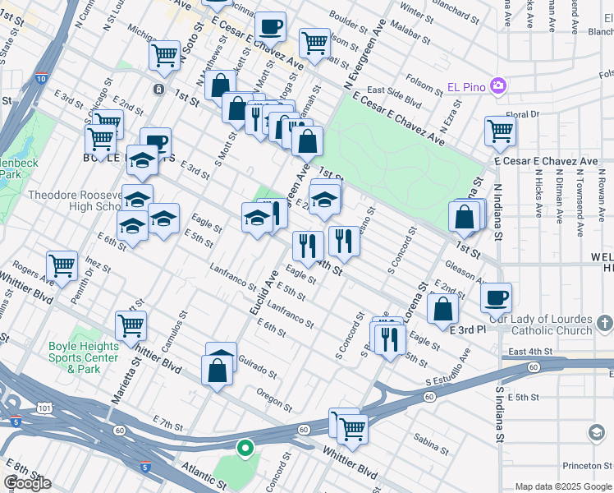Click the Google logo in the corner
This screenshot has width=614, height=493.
[27, 483]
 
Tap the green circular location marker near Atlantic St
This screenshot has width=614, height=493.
[244, 448]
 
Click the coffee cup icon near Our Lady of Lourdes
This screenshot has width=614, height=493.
[496, 297]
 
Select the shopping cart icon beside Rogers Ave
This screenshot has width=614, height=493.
[62, 265]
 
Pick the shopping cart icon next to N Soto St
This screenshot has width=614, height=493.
[164, 55]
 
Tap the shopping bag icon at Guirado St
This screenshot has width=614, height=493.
[220, 370]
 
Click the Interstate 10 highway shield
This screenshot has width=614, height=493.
[41, 79]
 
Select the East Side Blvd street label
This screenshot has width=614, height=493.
[394, 91]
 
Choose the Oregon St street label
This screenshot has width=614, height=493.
[273, 398]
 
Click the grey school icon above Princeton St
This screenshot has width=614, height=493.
[597, 432]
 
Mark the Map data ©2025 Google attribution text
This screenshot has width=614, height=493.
[562, 486]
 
